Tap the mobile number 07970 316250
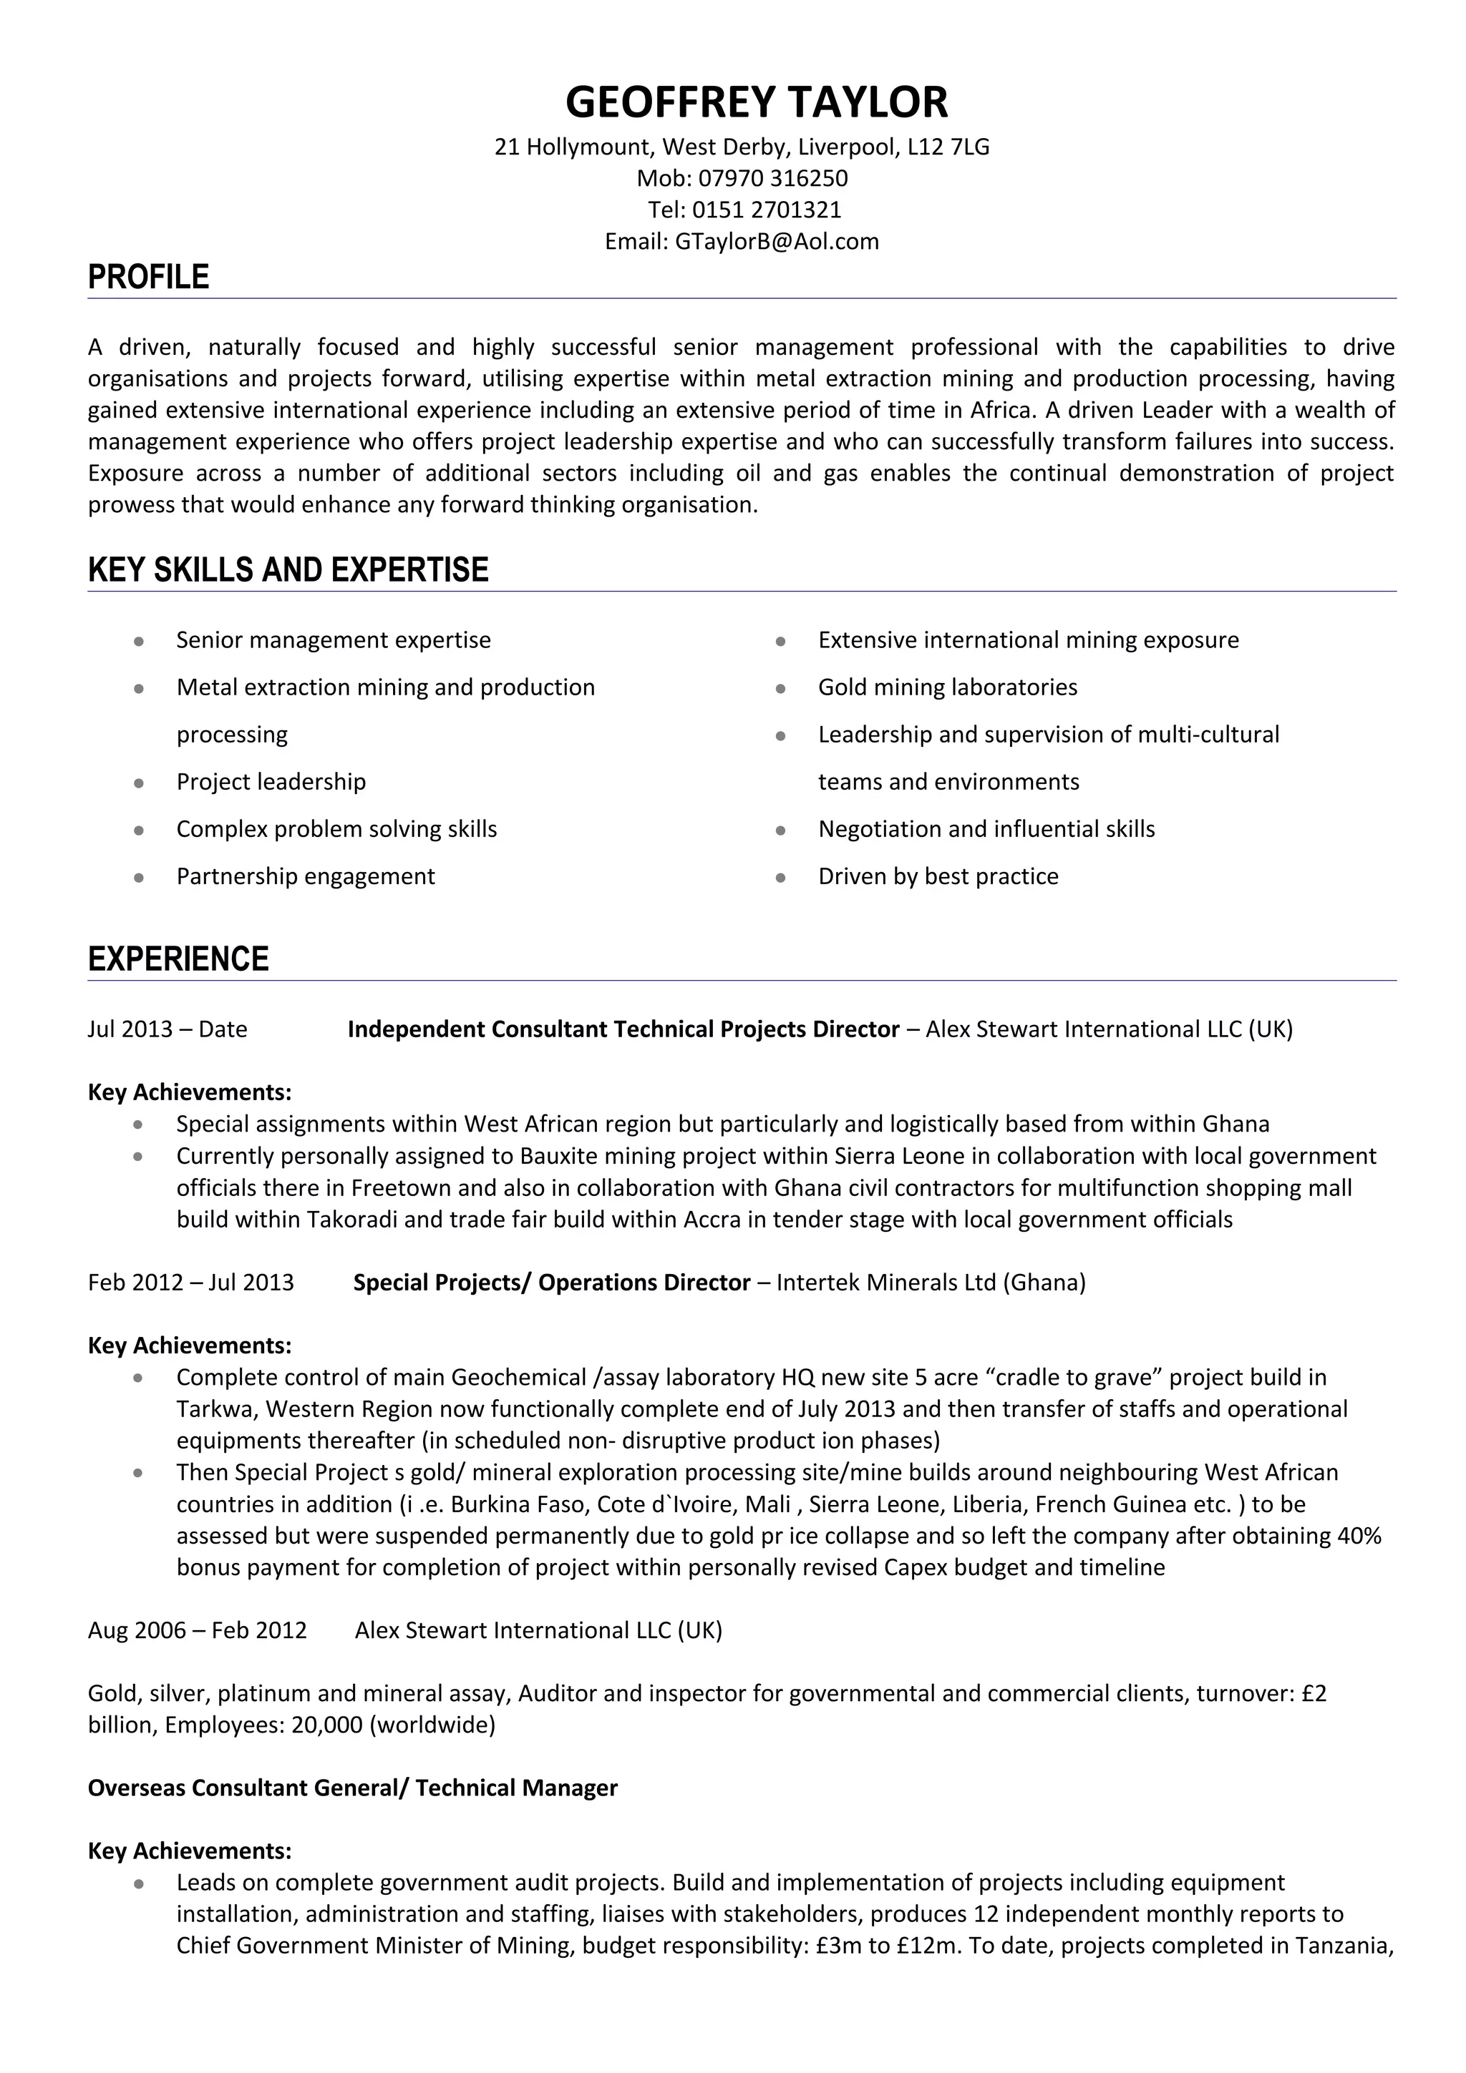772,178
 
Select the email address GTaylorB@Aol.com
777,241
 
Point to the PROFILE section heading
148,276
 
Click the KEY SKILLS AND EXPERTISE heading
288,569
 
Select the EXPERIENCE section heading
178,958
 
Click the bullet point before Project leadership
138,783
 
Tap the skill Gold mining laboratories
948,687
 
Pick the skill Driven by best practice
938,876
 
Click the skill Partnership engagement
306,876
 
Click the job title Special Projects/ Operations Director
551,1282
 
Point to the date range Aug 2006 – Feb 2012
197,1630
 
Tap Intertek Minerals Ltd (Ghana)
931,1282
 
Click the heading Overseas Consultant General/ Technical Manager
352,1788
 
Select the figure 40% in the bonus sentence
1359,1535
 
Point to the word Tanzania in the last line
1343,1946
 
